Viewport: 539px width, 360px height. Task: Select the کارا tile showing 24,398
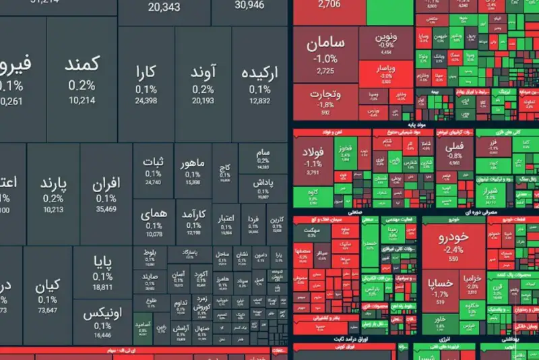pyautogui.click(x=146, y=80)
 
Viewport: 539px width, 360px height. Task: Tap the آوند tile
pyautogui.click(x=203, y=80)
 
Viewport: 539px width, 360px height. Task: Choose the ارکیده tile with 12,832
pyautogui.click(x=259, y=80)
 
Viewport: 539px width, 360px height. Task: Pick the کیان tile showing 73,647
pyautogui.click(x=47, y=293)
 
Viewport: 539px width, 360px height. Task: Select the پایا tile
pyautogui.click(x=102, y=269)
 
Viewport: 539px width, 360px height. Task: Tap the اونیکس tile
pyautogui.click(x=102, y=320)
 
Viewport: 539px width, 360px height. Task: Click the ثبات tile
pyautogui.click(x=153, y=169)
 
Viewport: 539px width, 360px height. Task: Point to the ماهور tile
pyautogui.click(x=193, y=169)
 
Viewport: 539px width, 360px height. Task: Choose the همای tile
pyautogui.click(x=153, y=220)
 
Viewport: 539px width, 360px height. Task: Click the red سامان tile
pyautogui.click(x=325, y=54)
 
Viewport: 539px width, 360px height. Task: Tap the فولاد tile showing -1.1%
pyautogui.click(x=313, y=158)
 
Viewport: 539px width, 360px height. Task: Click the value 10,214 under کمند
pyautogui.click(x=82, y=100)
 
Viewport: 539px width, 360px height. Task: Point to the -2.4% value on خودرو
pyautogui.click(x=453, y=249)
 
